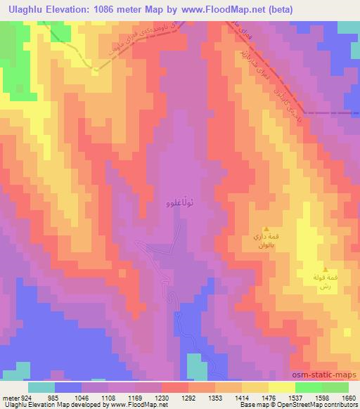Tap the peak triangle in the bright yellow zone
[325, 269]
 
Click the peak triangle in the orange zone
[266, 229]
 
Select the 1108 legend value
[108, 397]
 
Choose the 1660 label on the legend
[349, 397]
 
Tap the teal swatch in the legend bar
[41, 387]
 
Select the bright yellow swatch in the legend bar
[281, 387]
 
